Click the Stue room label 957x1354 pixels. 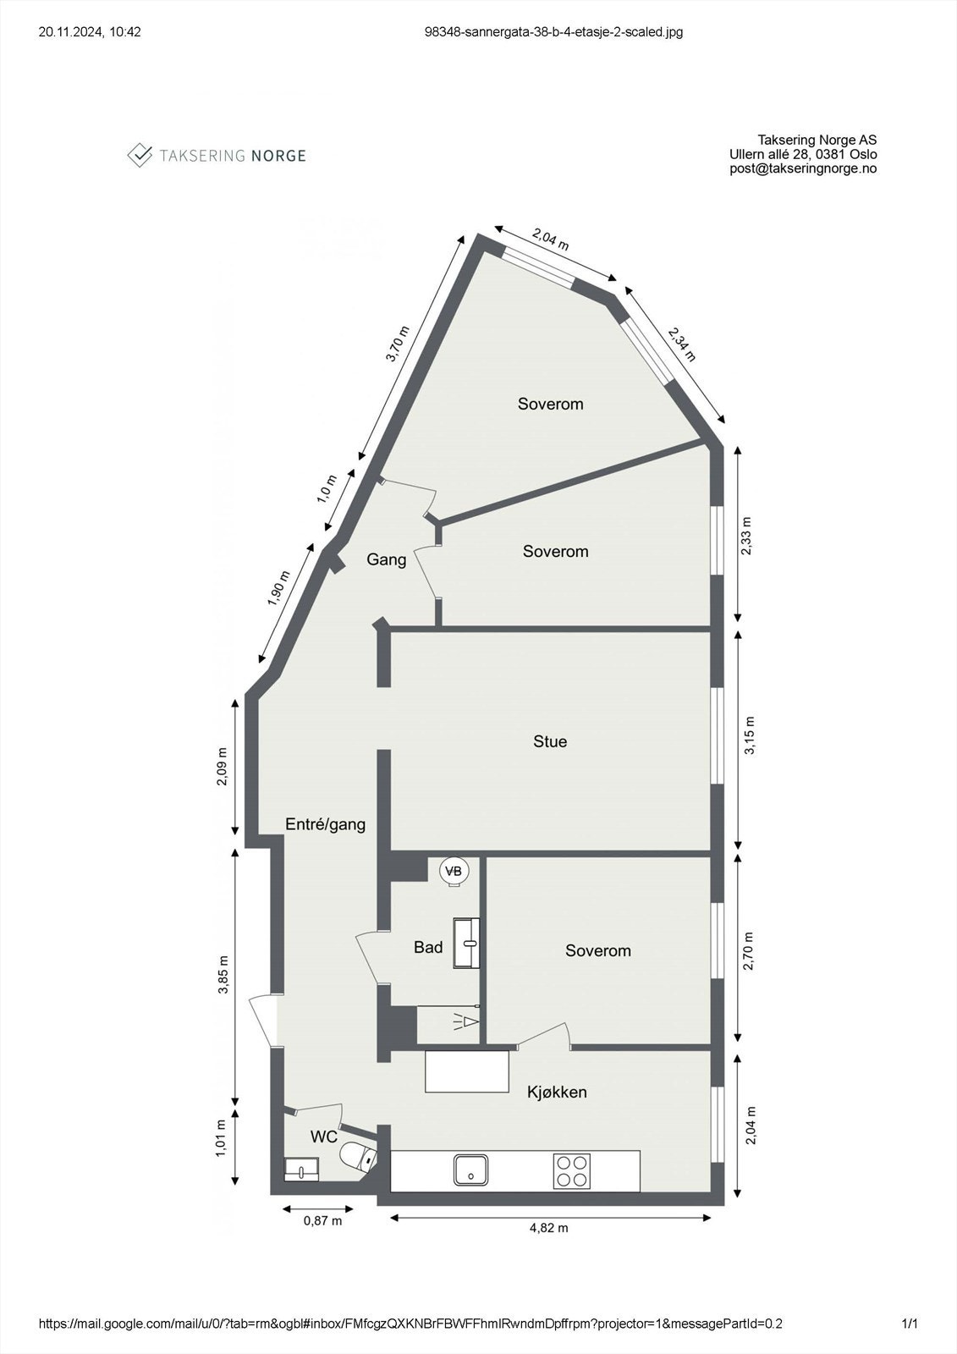click(x=550, y=742)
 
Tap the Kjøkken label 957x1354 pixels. click(x=557, y=1092)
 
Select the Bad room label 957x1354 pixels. click(x=428, y=948)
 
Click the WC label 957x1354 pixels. click(x=323, y=1137)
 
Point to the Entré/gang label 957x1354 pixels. click(x=325, y=824)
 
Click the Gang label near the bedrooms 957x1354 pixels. click(x=386, y=559)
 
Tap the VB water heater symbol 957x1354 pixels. click(x=454, y=871)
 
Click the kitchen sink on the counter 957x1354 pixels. click(x=470, y=1170)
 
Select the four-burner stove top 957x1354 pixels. click(x=571, y=1171)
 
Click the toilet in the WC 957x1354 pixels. click(x=356, y=1154)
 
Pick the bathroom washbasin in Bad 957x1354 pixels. click(x=466, y=943)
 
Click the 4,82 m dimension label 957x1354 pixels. click(x=548, y=1228)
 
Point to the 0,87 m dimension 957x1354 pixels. click(x=323, y=1220)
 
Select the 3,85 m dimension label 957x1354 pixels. click(x=223, y=977)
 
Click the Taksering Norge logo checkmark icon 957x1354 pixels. click(x=140, y=155)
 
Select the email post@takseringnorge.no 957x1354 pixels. click(x=803, y=168)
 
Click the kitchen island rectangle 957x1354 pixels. click(x=467, y=1071)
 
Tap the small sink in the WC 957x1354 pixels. click(x=301, y=1170)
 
